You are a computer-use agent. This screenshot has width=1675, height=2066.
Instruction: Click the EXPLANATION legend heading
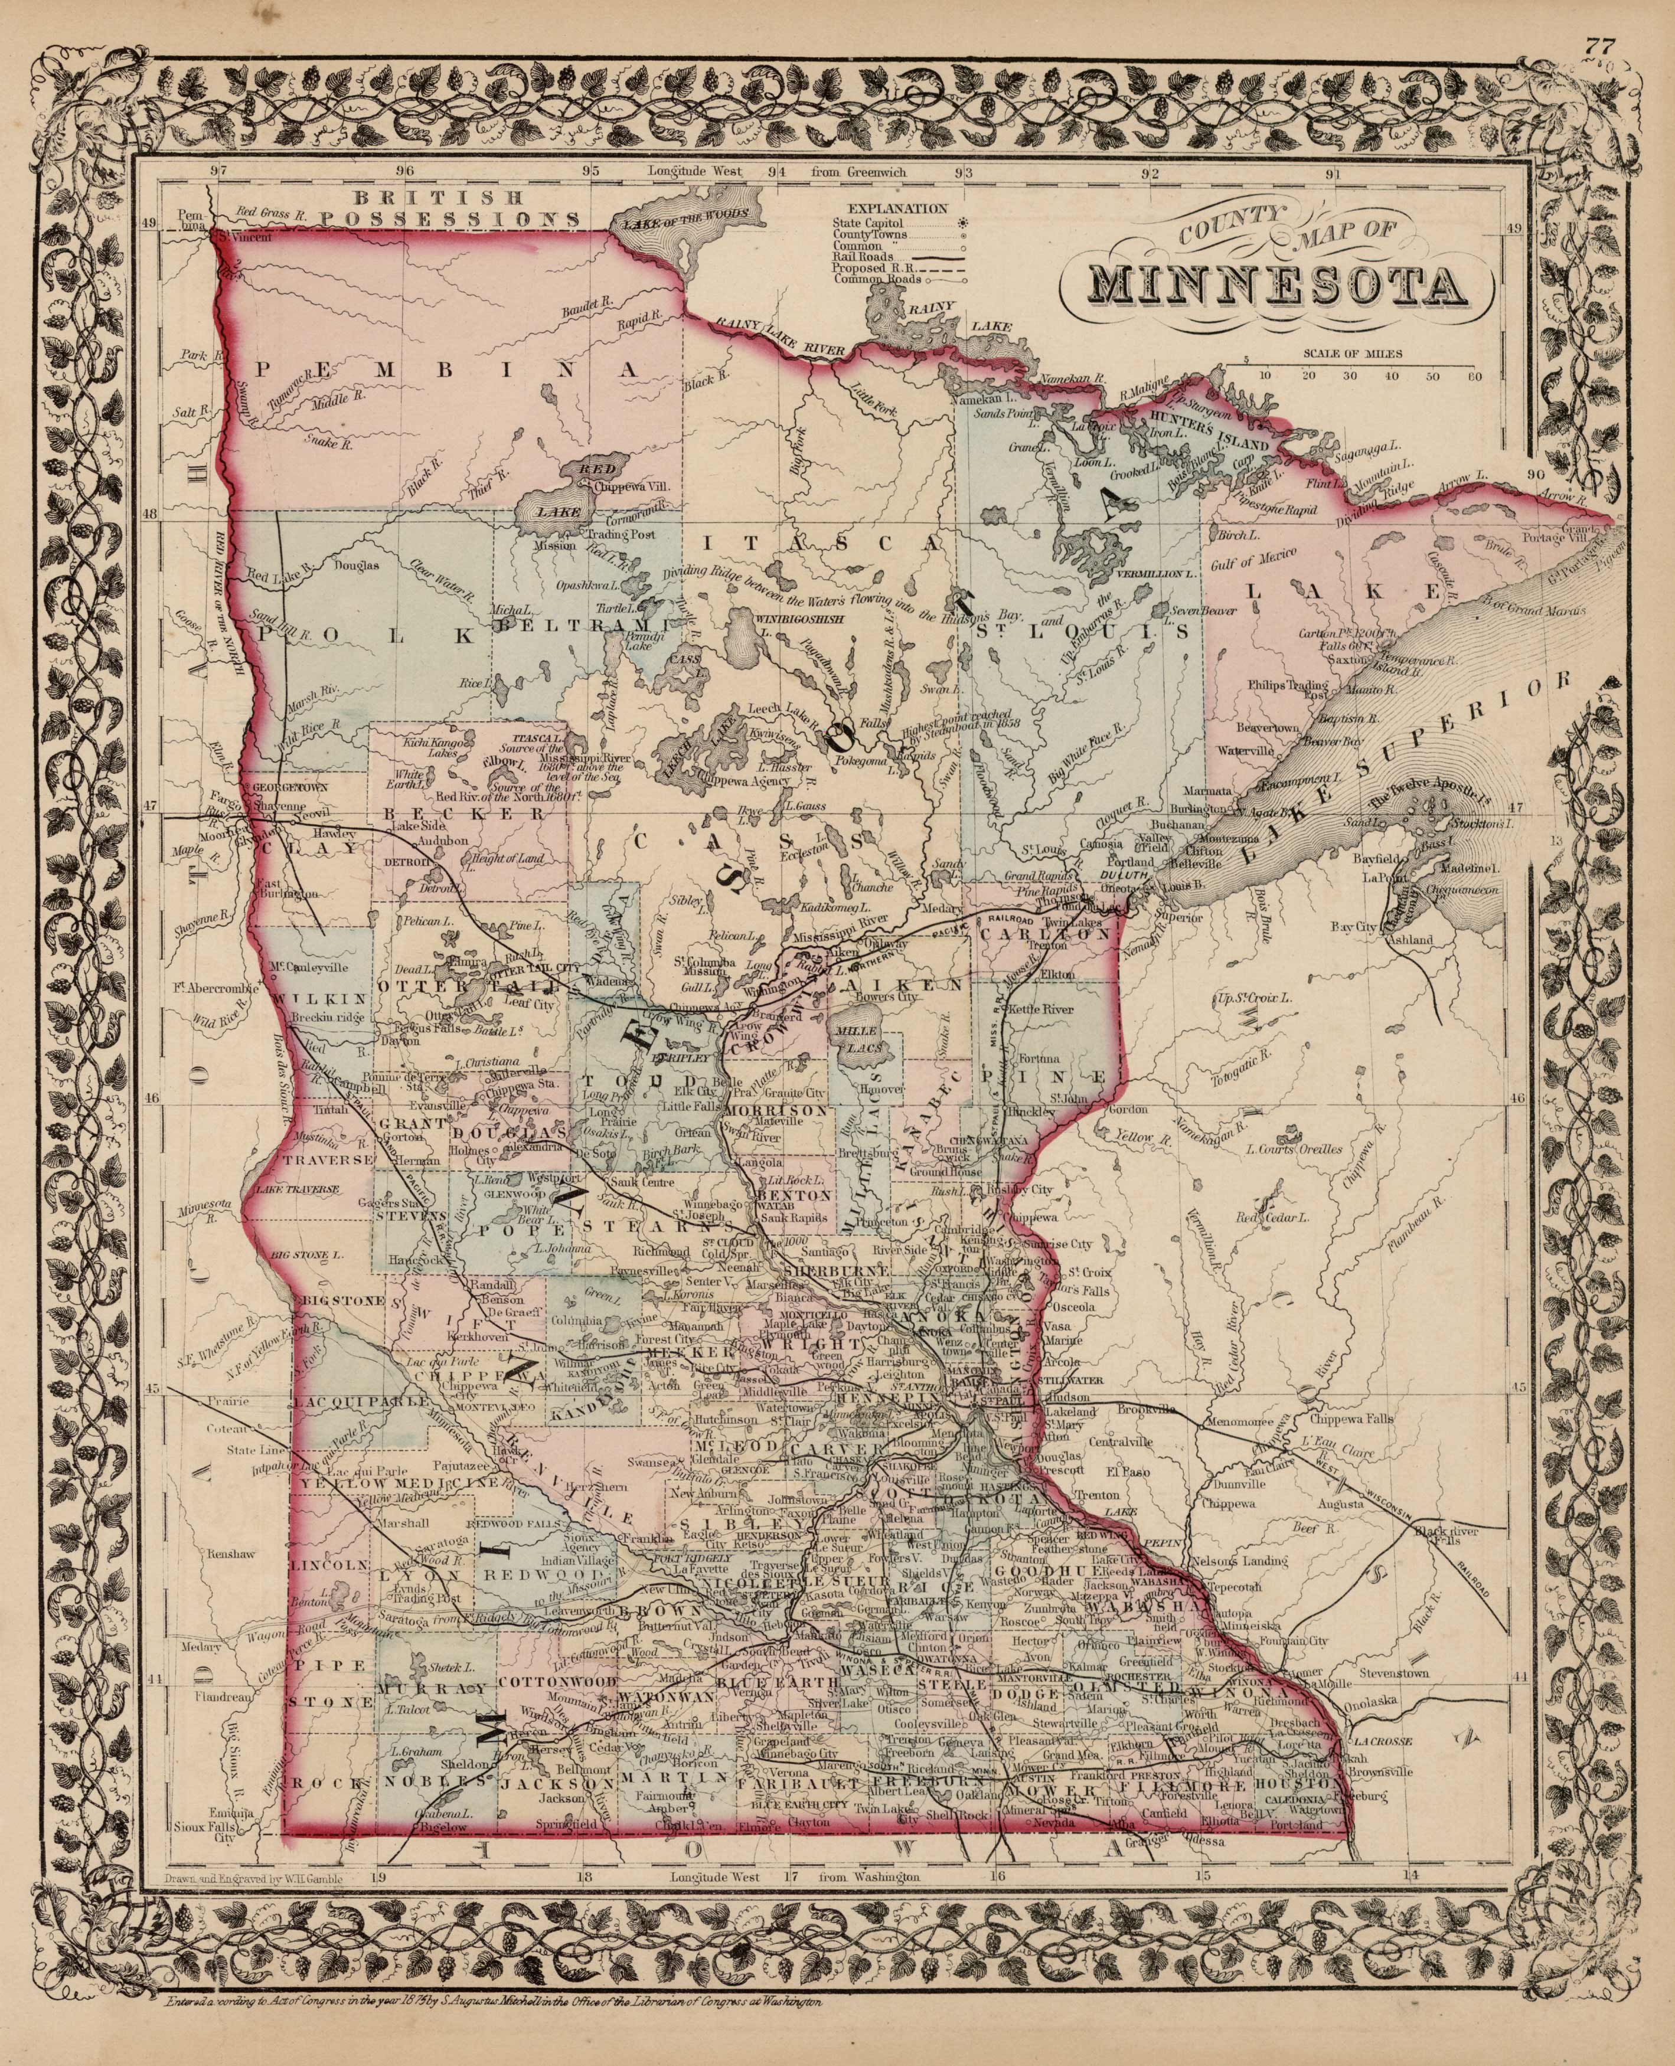pyautogui.click(x=896, y=207)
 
